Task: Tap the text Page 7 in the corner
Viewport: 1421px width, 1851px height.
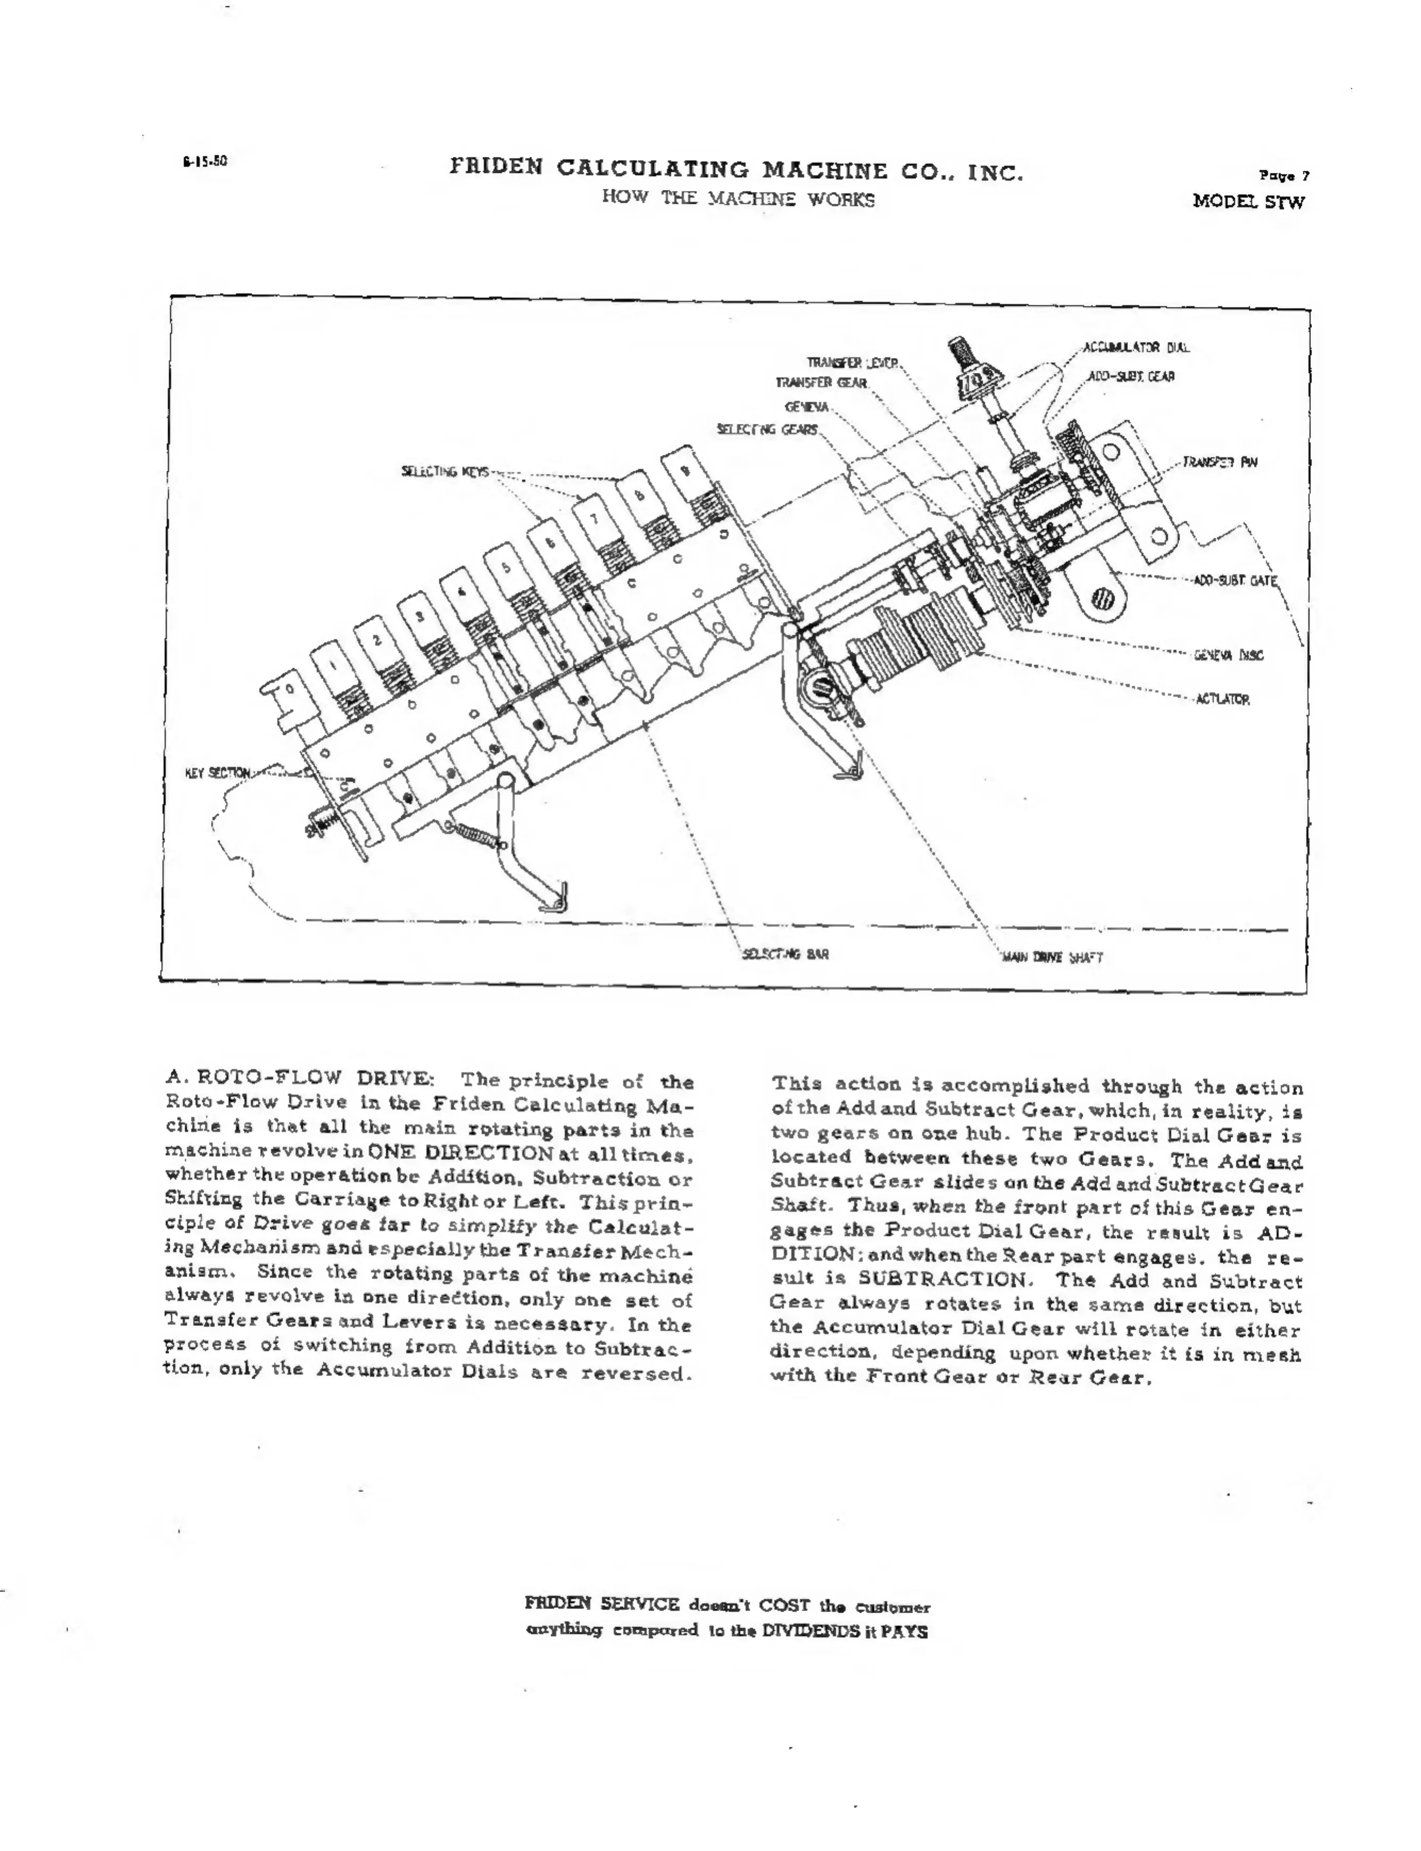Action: click(x=1284, y=176)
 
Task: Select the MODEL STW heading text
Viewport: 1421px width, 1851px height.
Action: click(x=1249, y=202)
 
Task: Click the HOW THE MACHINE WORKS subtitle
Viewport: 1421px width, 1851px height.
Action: click(x=738, y=199)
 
